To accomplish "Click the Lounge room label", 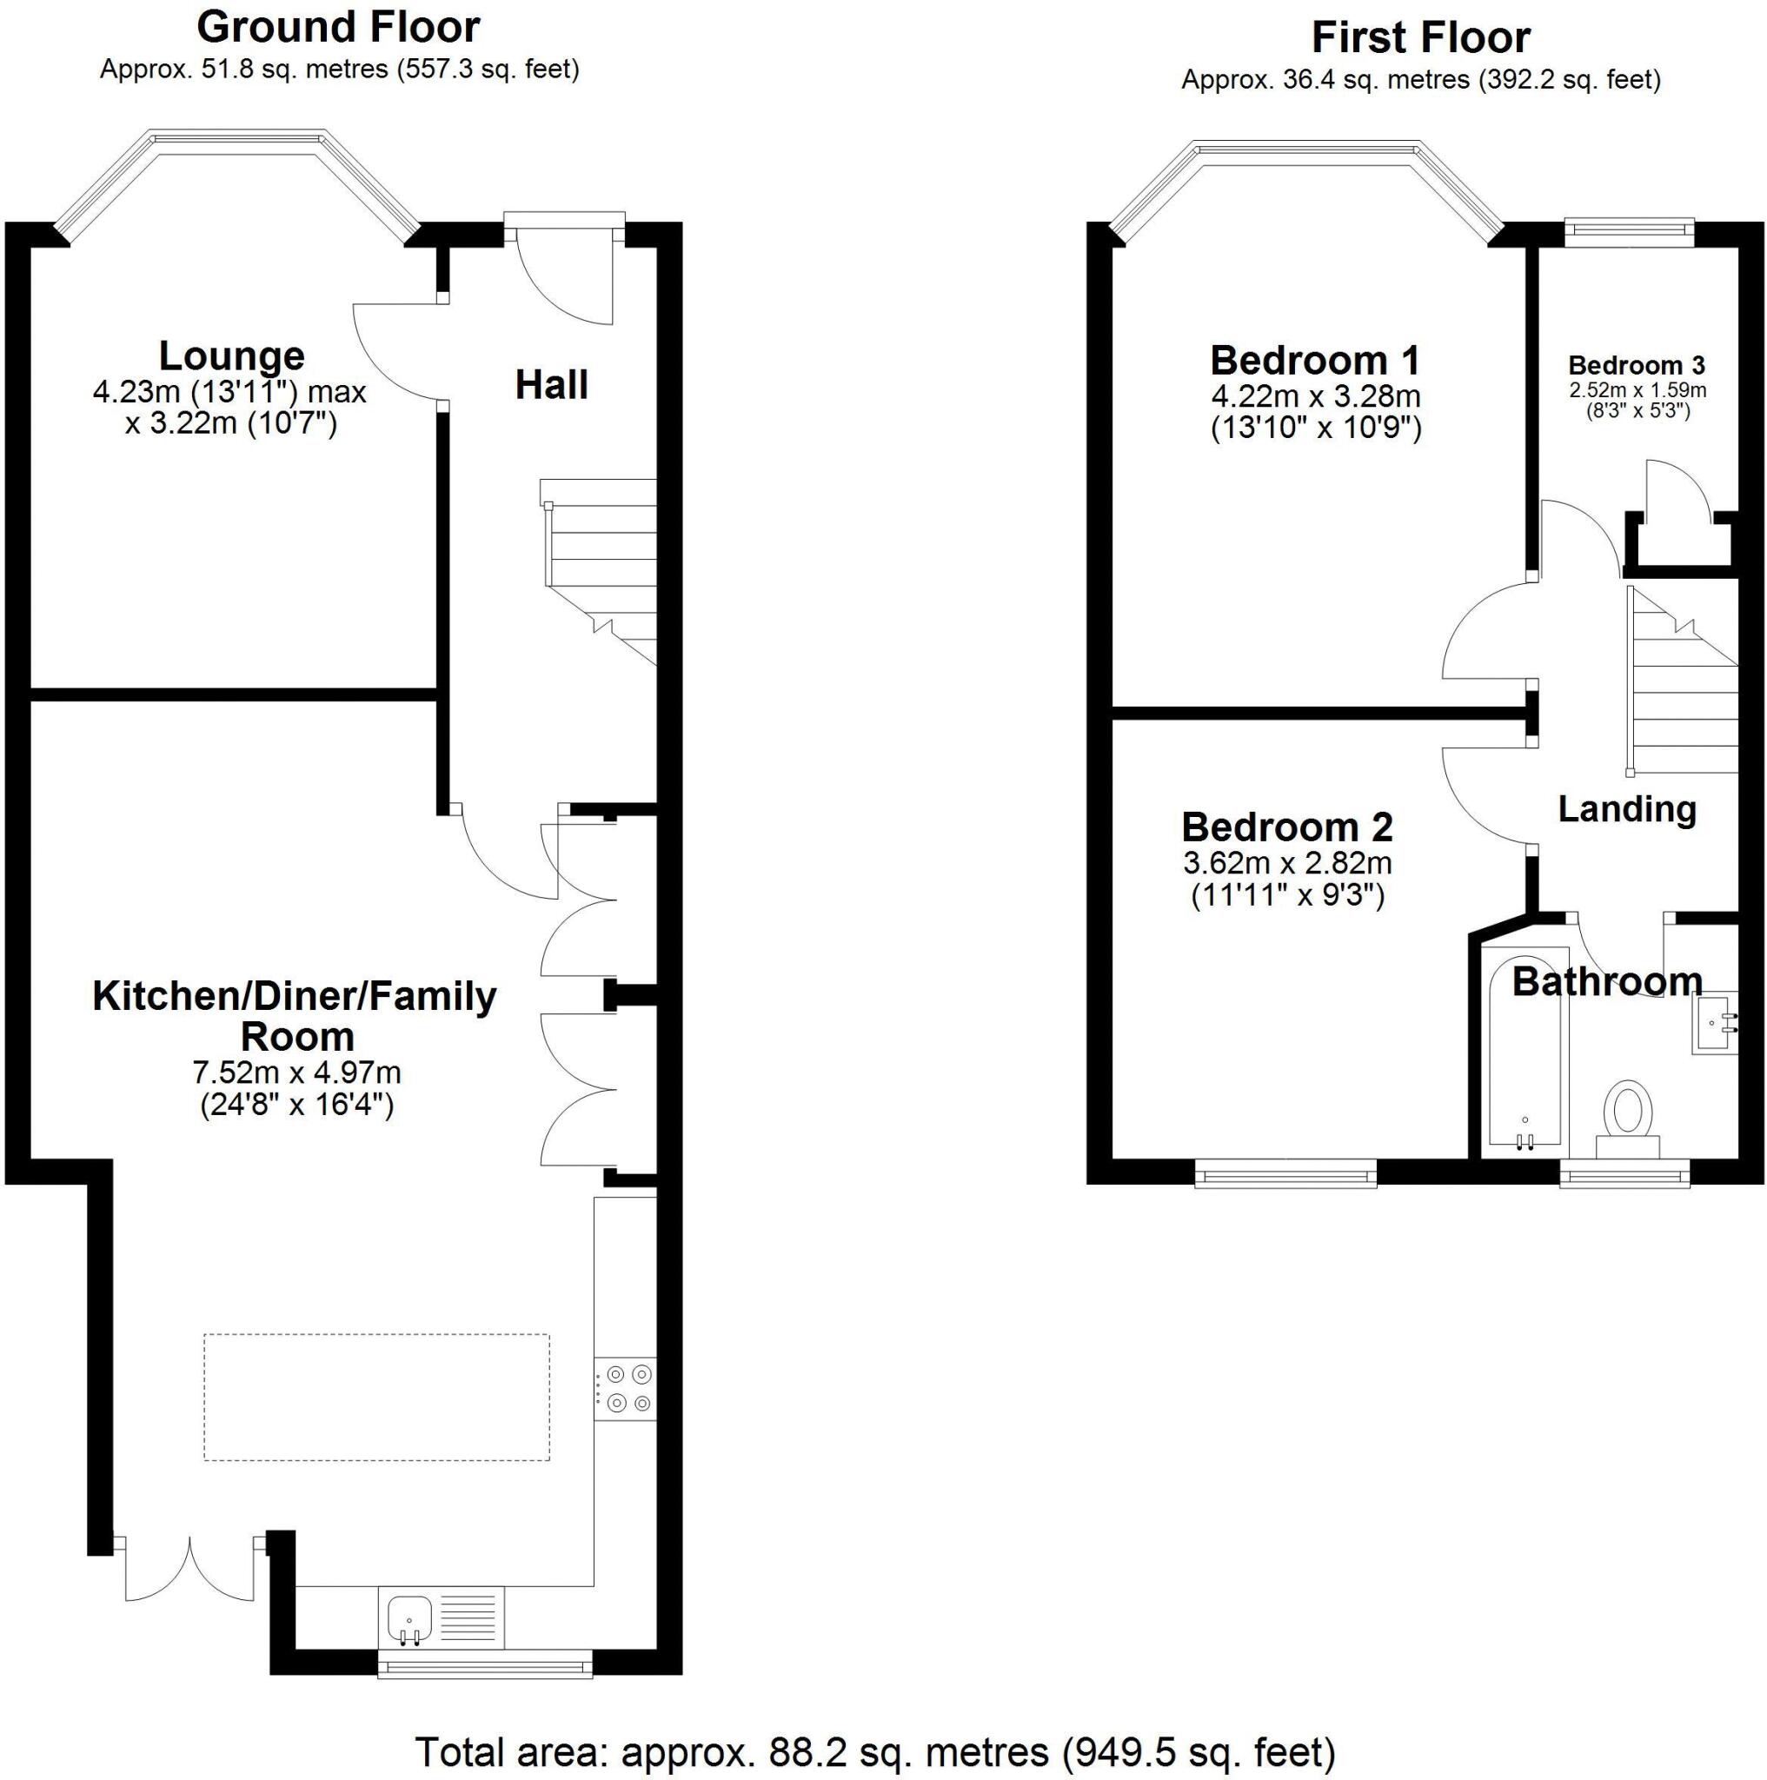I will tap(231, 355).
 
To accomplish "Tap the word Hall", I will tap(551, 385).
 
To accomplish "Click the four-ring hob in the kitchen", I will tap(627, 1387).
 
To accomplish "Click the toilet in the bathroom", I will tap(1627, 1117).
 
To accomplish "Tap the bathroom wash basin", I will tap(1715, 1022).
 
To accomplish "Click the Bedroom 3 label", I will tap(1636, 365).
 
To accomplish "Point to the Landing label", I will tap(1627, 809).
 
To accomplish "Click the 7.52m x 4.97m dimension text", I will tap(296, 1073).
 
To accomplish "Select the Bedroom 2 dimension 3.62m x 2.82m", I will tap(1287, 863).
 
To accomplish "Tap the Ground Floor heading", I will tap(338, 28).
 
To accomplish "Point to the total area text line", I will tap(874, 1751).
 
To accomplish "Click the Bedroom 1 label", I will tap(1315, 360).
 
